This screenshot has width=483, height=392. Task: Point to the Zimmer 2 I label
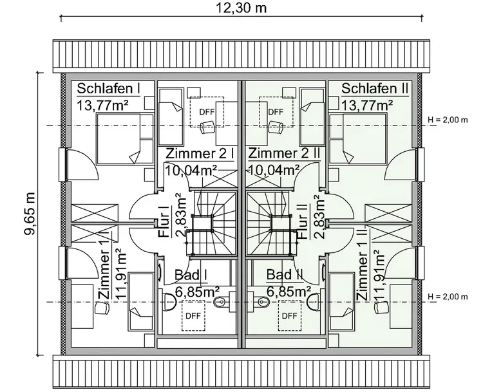pyautogui.click(x=199, y=154)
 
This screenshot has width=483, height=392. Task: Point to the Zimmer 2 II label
pyautogui.click(x=284, y=154)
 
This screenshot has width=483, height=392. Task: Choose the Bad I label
pyautogui.click(x=191, y=275)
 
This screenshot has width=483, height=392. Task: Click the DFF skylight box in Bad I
pyautogui.click(x=193, y=315)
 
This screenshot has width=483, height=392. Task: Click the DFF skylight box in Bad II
pyautogui.click(x=290, y=315)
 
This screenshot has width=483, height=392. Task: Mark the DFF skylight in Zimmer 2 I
pyautogui.click(x=206, y=111)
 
